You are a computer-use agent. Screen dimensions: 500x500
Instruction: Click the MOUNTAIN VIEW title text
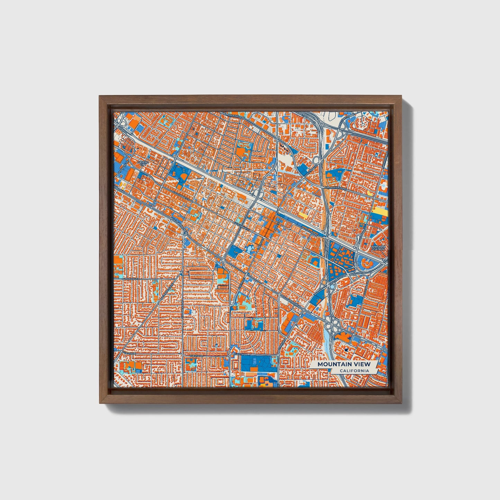point(344,364)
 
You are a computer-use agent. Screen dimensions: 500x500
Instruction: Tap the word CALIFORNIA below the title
point(354,371)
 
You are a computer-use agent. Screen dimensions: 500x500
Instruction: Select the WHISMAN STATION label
point(378,248)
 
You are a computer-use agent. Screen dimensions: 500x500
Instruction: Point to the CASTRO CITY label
point(143,163)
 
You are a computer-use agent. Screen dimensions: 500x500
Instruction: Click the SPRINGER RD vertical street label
point(182,304)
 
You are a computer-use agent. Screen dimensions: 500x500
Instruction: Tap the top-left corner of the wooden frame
point(100,97)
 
